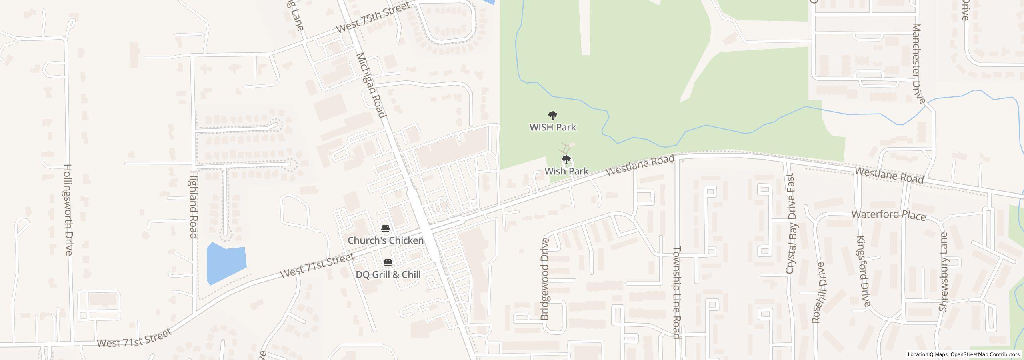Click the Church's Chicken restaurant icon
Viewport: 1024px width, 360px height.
(x=386, y=229)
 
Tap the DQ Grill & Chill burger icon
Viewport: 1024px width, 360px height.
(x=388, y=263)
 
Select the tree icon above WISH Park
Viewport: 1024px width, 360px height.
(x=553, y=116)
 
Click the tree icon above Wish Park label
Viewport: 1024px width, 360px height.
(x=566, y=160)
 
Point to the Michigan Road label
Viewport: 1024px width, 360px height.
(x=371, y=85)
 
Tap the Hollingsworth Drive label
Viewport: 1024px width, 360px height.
(x=68, y=209)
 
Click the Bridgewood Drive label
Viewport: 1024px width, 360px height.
(x=544, y=279)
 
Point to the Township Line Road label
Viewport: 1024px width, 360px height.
(x=676, y=292)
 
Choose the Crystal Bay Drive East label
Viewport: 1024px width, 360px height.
(x=790, y=224)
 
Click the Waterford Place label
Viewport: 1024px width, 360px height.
(x=888, y=215)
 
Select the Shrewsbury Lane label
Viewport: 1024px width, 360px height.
(x=944, y=272)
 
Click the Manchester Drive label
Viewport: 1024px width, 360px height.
(x=919, y=63)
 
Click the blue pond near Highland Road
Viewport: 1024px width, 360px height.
(x=226, y=262)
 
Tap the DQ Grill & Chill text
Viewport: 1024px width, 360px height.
(x=388, y=275)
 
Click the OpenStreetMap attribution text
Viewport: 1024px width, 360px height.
(x=964, y=354)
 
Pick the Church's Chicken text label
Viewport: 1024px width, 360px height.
(x=386, y=240)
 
